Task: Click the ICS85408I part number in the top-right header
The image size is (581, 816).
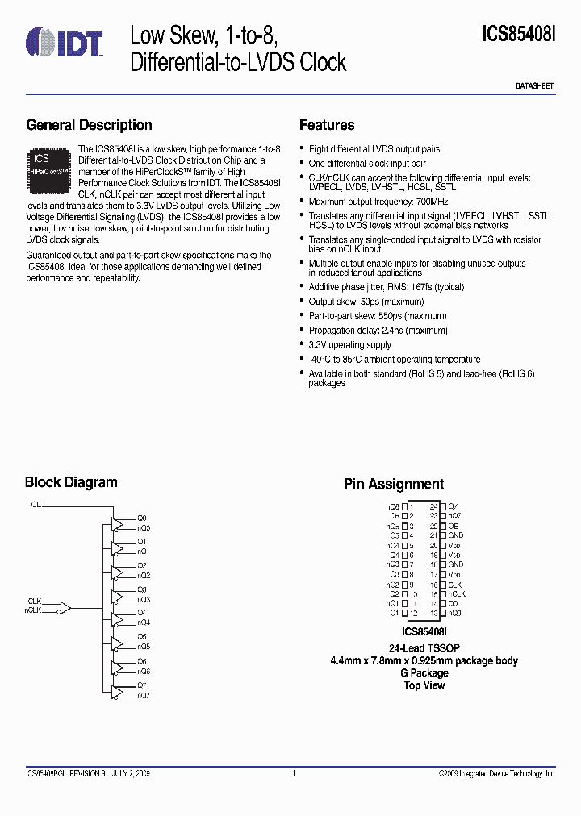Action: click(519, 34)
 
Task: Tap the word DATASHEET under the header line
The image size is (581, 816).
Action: click(534, 85)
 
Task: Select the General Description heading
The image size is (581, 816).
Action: click(89, 125)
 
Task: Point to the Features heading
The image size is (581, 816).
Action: click(327, 125)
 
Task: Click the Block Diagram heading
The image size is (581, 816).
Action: click(71, 482)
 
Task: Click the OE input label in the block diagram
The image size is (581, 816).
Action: click(36, 504)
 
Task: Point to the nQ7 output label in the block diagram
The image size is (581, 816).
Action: click(144, 694)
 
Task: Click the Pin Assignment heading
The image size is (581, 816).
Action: click(394, 485)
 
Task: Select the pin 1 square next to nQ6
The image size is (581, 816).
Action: click(405, 506)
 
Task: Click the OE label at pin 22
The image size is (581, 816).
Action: click(453, 526)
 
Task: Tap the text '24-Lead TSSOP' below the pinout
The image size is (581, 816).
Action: click(424, 648)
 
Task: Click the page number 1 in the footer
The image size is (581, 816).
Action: click(294, 774)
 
